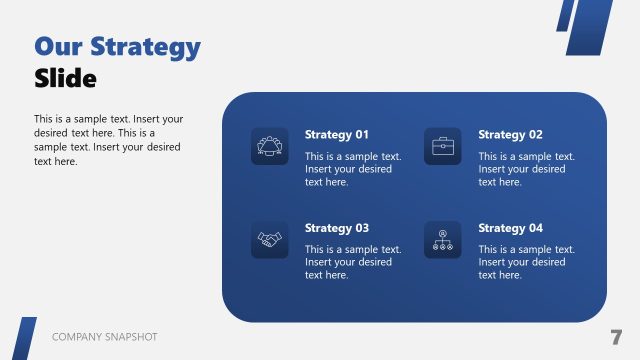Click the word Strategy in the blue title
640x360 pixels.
[x=146, y=47]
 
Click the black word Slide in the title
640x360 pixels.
[x=65, y=78]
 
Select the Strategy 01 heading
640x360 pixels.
[x=337, y=135]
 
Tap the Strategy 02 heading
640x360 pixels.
[x=510, y=135]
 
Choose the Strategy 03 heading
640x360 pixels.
[x=337, y=228]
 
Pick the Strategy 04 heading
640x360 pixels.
[x=510, y=228]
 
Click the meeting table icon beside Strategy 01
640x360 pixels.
[x=269, y=146]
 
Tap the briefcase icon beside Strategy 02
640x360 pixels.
[x=442, y=146]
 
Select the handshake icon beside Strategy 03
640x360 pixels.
[x=269, y=239]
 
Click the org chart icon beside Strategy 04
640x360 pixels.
[x=442, y=239]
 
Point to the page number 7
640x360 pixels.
[x=616, y=337]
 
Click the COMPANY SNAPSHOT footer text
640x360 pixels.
[x=104, y=338]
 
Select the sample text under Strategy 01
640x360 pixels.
[x=353, y=169]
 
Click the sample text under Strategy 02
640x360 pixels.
[x=526, y=169]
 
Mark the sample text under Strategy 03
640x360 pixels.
[x=353, y=262]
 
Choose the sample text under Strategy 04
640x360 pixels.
[x=526, y=262]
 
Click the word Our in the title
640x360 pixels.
[x=58, y=47]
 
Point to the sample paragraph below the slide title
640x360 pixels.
[x=108, y=139]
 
